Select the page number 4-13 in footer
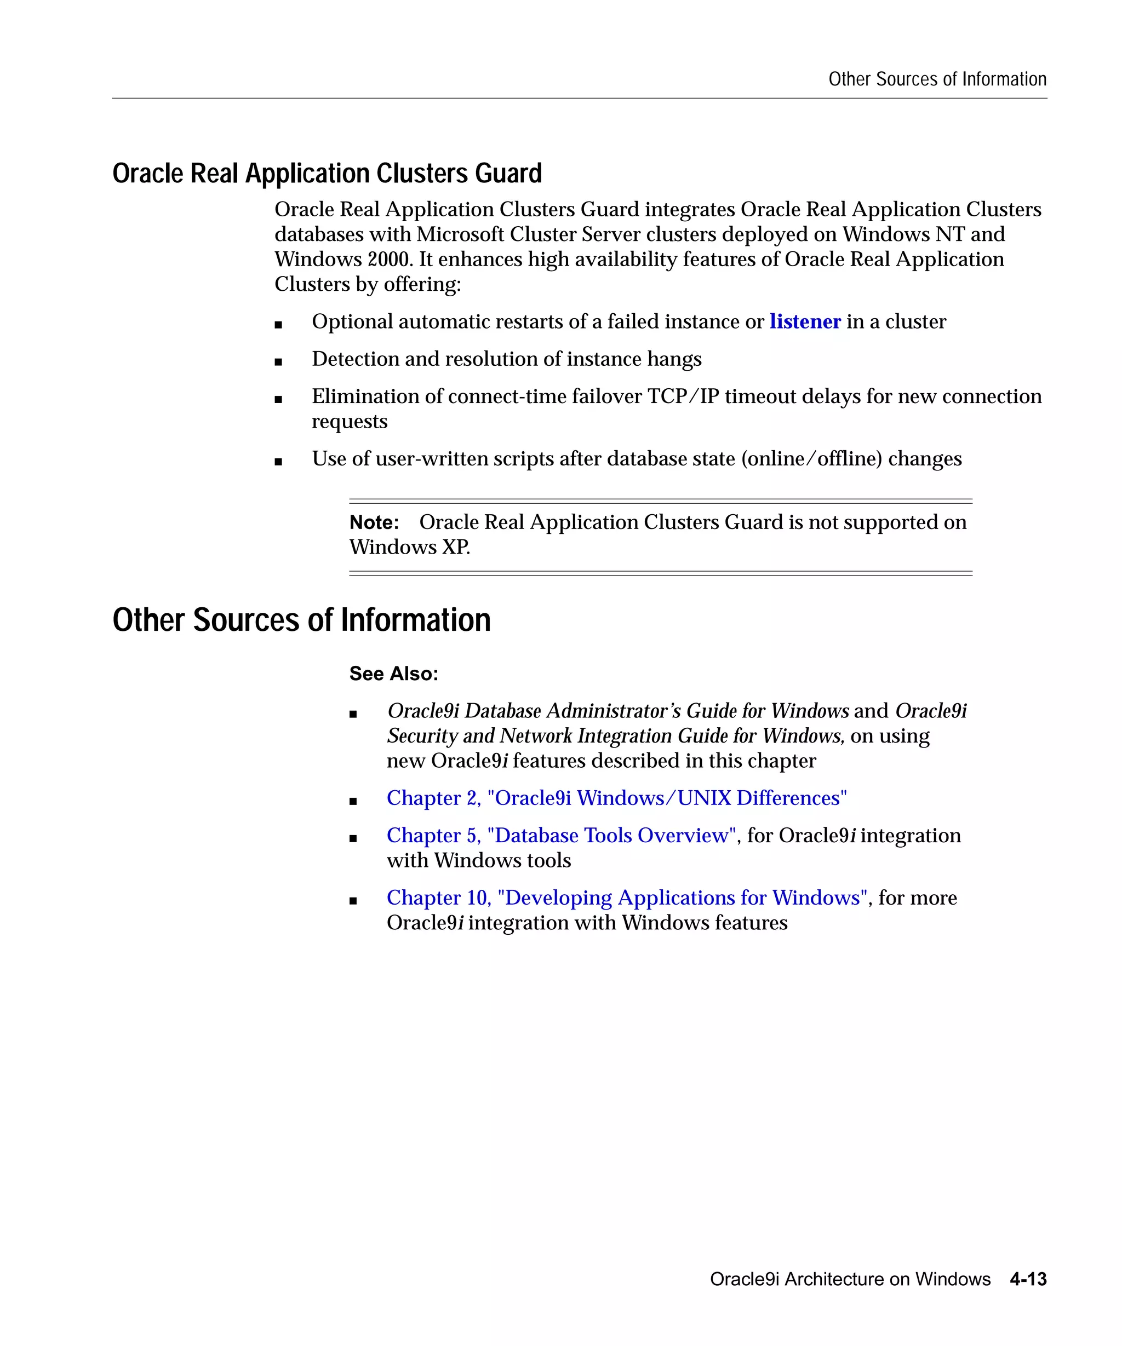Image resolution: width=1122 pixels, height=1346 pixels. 1028,1279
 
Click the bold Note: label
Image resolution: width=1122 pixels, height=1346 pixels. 374,522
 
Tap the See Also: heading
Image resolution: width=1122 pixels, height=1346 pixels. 394,674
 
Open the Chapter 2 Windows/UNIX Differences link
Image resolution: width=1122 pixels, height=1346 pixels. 616,798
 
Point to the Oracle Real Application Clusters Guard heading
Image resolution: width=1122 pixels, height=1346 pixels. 327,174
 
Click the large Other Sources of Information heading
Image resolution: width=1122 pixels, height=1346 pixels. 301,620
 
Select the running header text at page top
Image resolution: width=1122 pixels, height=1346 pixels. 937,79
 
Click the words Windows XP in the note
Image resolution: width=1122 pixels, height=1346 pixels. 409,548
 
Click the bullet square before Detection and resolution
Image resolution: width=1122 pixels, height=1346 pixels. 278,361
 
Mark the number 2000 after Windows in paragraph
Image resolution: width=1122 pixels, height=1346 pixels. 388,259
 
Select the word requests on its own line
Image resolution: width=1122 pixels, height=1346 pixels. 350,421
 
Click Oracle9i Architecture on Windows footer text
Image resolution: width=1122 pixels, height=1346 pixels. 850,1279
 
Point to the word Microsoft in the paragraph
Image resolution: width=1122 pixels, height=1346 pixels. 460,234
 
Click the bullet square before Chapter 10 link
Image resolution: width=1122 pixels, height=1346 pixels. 353,901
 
